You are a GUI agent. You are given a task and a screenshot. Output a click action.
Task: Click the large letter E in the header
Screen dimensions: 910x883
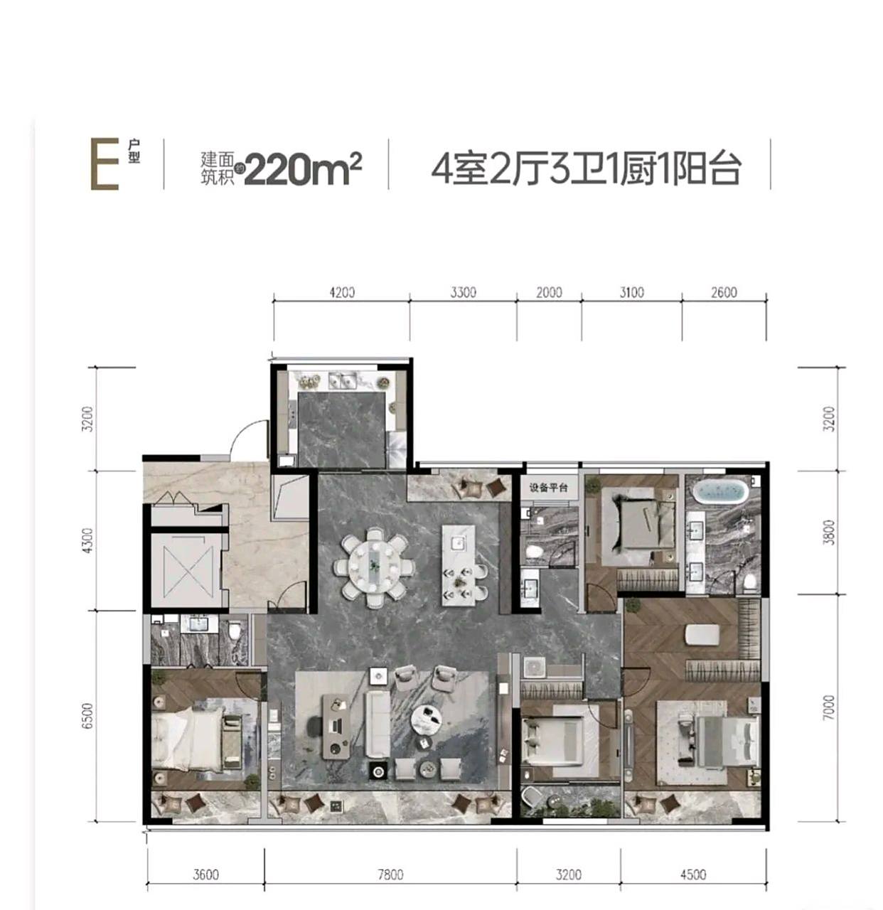(104, 165)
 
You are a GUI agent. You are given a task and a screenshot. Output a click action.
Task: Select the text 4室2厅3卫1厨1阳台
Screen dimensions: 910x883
(586, 169)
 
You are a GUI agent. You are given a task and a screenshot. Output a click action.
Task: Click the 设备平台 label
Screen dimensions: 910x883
(548, 488)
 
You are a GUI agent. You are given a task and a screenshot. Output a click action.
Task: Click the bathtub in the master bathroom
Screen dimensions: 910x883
(719, 491)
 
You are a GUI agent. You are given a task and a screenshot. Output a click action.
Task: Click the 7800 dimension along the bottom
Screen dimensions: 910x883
(390, 874)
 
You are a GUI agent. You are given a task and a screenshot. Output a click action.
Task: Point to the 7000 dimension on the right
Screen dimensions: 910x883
(828, 708)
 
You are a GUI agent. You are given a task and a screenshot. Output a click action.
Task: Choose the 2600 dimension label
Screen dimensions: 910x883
(723, 292)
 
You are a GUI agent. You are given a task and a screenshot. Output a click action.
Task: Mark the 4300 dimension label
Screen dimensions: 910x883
(87, 541)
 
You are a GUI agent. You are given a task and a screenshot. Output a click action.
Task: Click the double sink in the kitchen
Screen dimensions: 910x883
(345, 380)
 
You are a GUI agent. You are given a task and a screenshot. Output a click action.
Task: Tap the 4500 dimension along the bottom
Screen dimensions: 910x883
(692, 874)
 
